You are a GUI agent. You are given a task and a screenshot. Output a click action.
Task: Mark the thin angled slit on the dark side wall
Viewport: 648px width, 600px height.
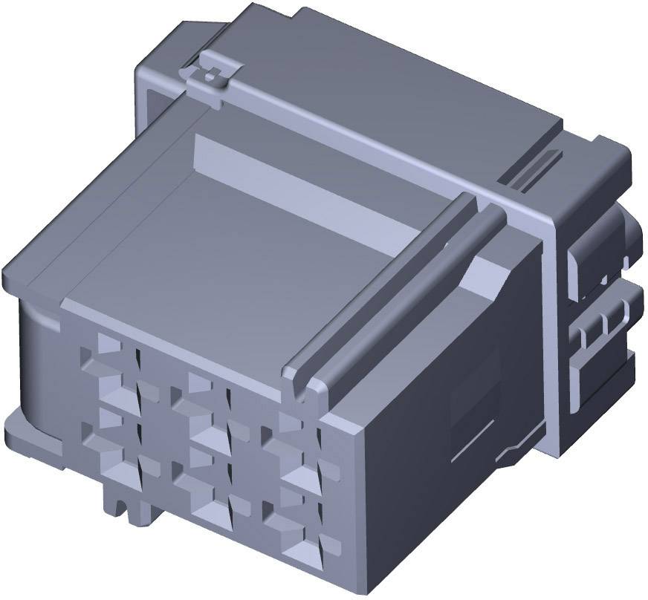(x=476, y=446)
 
